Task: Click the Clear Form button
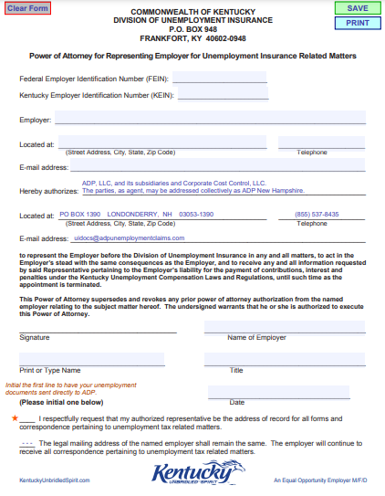[x=27, y=8]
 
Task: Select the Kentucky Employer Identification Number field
[x=224, y=94]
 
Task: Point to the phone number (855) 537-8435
[x=317, y=214]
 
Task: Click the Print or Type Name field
[x=92, y=360]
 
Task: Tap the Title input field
[x=284, y=360]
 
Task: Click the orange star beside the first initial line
[x=15, y=417]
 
